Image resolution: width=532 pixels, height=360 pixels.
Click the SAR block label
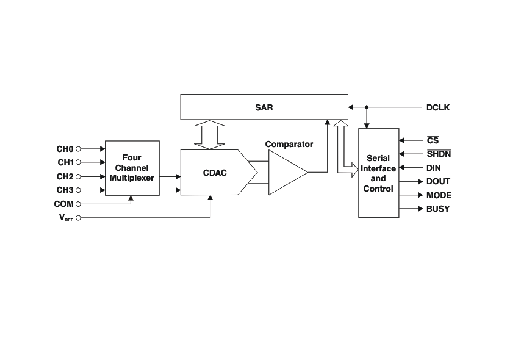(264, 107)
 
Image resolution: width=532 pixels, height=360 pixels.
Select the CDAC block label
(215, 173)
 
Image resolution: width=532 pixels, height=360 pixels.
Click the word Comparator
(289, 144)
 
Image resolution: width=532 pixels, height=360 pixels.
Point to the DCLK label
(438, 107)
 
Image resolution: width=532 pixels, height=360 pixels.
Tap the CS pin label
(433, 140)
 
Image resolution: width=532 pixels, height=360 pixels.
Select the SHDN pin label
(439, 154)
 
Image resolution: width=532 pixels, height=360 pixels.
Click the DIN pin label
(434, 168)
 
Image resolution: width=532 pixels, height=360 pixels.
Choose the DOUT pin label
(439, 182)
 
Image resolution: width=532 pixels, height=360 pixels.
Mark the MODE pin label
(439, 195)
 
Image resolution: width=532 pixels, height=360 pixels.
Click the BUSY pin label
(438, 209)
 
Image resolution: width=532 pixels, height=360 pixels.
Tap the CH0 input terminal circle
(78, 149)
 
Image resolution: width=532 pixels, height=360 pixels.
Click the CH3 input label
(65, 190)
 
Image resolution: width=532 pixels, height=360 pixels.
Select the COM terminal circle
(78, 204)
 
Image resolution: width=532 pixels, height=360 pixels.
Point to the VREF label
(66, 218)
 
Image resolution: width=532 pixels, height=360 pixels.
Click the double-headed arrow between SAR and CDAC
(210, 135)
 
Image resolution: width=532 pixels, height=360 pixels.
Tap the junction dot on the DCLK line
(367, 107)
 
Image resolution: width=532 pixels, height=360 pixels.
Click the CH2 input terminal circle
(78, 176)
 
